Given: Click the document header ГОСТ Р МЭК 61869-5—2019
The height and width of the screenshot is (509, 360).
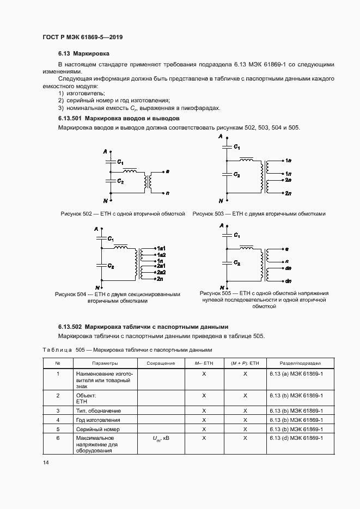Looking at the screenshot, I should click(x=82, y=37).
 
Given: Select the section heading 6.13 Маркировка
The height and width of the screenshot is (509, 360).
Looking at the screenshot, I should click(x=84, y=54).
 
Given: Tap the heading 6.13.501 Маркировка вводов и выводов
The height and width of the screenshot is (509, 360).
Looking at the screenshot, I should click(x=119, y=118).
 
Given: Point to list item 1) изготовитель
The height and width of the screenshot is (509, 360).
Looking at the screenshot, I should click(x=82, y=93).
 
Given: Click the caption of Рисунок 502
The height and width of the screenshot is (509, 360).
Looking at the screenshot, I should click(x=123, y=213).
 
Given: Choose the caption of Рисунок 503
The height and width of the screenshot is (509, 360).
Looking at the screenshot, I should click(x=259, y=213).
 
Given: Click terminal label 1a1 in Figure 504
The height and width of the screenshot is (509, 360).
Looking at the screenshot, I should click(x=161, y=249).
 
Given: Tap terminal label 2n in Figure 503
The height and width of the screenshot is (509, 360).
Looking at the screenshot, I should click(x=288, y=193).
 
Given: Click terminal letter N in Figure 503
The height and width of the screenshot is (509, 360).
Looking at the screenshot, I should click(x=221, y=200).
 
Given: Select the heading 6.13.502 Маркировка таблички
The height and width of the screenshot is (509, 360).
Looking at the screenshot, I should click(x=143, y=327).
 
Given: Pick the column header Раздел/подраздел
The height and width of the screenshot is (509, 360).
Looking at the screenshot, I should click(x=300, y=363).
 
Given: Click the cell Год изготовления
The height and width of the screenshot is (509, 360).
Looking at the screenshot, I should click(x=98, y=420).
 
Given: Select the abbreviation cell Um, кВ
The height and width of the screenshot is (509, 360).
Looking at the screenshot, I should click(x=161, y=438).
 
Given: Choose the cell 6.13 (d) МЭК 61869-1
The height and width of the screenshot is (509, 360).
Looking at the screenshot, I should click(x=296, y=438).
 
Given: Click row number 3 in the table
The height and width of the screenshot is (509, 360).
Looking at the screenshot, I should click(x=58, y=410).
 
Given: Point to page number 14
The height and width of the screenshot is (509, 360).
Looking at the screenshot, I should click(x=46, y=462).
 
